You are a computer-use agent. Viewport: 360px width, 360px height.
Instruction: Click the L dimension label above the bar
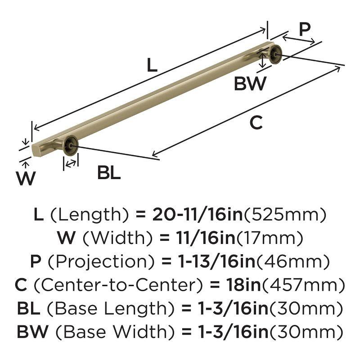(x=152, y=66)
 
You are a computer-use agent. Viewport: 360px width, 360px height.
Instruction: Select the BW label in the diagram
(x=250, y=84)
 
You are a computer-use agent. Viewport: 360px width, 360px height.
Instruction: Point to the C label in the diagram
(x=256, y=122)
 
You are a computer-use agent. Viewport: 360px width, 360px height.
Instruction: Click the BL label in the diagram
(x=109, y=173)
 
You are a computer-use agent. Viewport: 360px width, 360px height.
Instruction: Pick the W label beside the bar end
(x=26, y=179)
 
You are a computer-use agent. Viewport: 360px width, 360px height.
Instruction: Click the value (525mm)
(x=284, y=214)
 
